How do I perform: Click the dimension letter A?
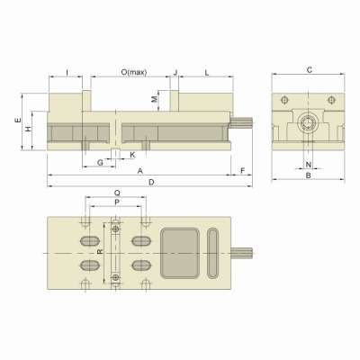tap(139, 171)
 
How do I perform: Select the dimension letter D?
tap(151, 182)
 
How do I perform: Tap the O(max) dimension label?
tap(134, 72)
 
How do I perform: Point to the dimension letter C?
tap(310, 70)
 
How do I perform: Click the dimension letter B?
tap(309, 175)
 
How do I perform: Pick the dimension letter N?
tap(308, 165)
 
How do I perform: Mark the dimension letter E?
tap(18, 120)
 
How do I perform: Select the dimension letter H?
tap(28, 129)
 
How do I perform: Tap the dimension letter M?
tap(154, 99)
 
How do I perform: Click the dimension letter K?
tap(132, 155)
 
